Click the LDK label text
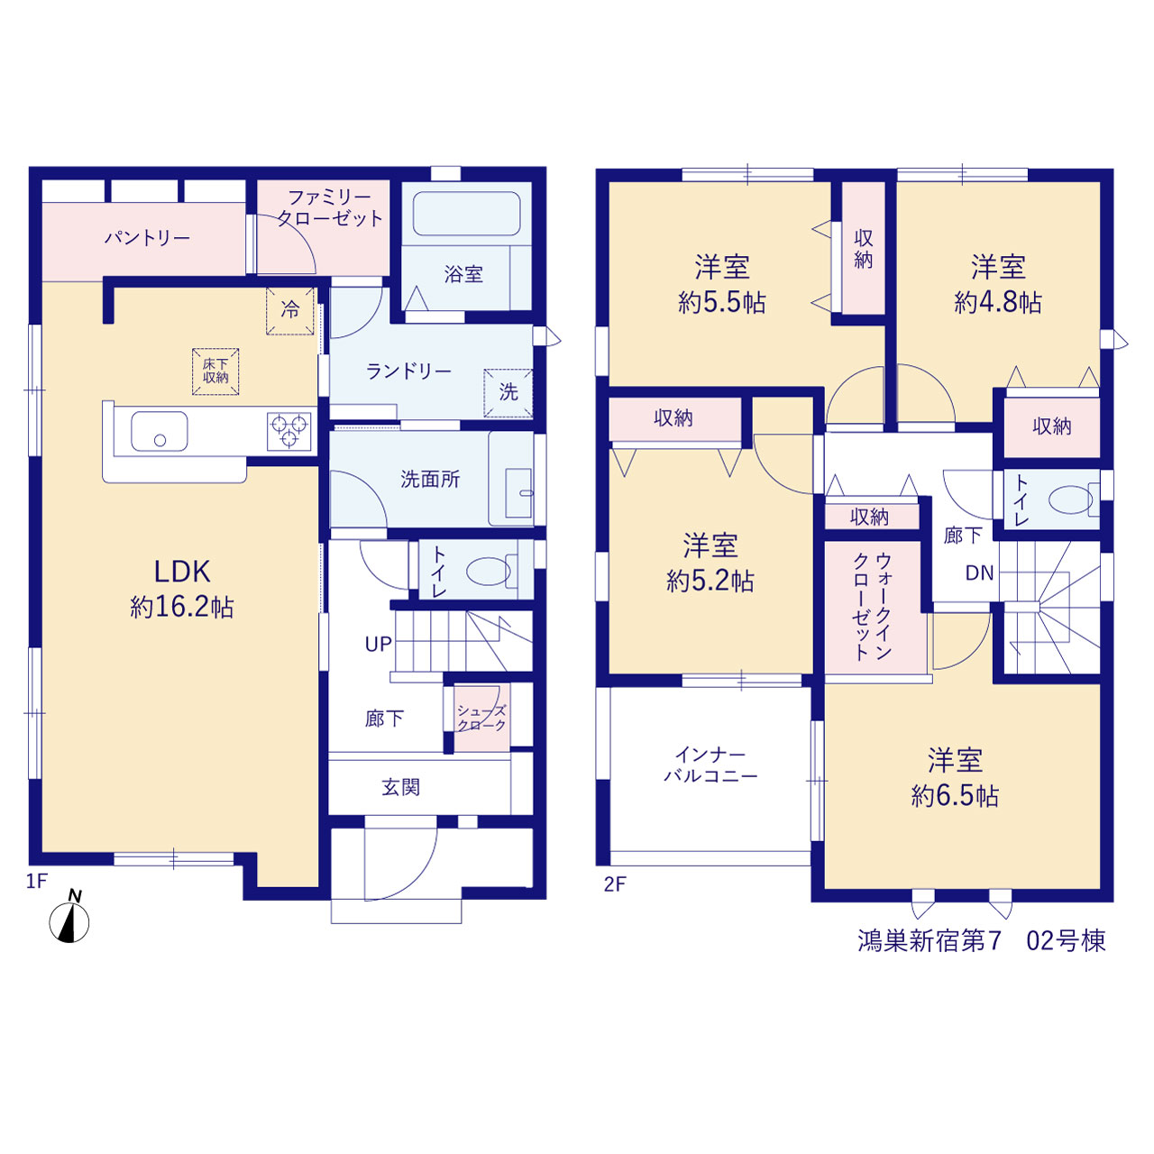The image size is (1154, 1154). pos(182,572)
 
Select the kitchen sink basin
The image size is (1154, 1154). pos(160,431)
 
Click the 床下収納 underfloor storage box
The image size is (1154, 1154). pos(215,371)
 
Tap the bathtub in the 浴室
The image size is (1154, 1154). pos(466,213)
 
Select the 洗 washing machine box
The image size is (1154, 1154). pos(508,392)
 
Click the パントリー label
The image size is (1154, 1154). pos(147,238)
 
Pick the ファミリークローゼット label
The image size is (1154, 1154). pos(330,207)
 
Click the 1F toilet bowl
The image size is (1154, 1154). pos(488,572)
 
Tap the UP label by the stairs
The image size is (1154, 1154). pos(379,645)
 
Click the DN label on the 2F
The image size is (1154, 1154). pos(980,573)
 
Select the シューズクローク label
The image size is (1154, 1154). pos(481,718)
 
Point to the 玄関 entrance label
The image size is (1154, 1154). pos(401,787)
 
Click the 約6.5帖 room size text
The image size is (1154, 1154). pos(955,797)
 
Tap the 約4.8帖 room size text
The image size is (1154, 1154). pos(998,303)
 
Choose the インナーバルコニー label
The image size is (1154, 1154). pos(710,765)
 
